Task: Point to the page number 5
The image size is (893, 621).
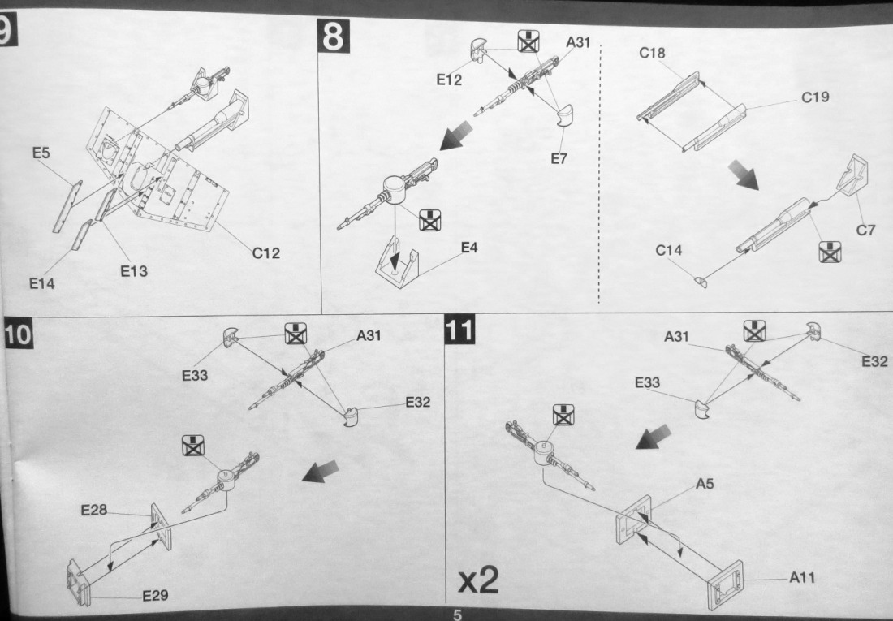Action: point(457,615)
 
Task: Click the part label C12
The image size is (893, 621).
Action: point(265,253)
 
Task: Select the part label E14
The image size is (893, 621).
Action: point(42,283)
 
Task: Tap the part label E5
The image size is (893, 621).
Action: point(42,153)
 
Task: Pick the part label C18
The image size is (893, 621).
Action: point(652,54)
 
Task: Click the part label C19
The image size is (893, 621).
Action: point(815,98)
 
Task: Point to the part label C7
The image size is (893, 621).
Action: point(866,231)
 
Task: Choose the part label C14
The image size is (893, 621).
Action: point(669,251)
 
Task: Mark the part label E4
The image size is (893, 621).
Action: point(469,248)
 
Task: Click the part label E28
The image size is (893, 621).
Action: point(94,511)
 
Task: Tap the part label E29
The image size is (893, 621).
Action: point(155,596)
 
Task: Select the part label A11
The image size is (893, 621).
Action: point(801,578)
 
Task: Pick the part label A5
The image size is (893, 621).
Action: point(705,485)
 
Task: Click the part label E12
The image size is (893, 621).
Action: point(449,80)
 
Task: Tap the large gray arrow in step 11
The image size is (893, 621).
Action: point(656,438)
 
